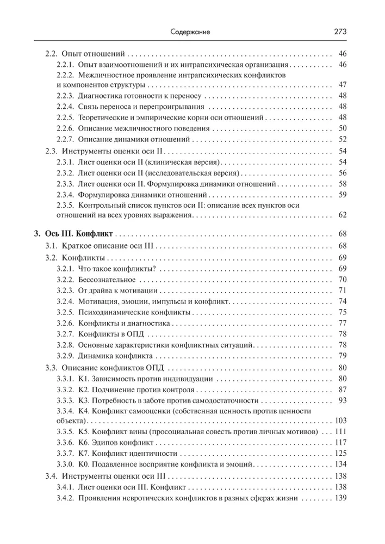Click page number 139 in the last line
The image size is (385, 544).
(340, 498)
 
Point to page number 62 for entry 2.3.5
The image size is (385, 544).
(343, 215)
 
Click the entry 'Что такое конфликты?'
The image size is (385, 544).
(117, 268)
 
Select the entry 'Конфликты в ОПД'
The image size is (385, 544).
(110, 333)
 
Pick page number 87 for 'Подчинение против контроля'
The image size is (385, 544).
(343, 389)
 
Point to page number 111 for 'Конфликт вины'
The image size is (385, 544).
(340, 431)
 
